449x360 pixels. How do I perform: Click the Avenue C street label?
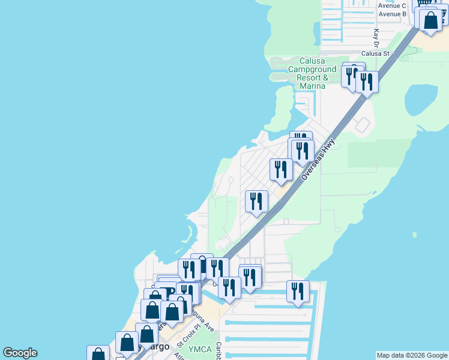(x=392, y=5)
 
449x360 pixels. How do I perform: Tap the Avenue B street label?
(x=392, y=14)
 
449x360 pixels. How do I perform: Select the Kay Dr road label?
(x=376, y=38)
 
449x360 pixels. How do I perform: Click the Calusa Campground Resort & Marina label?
(x=312, y=73)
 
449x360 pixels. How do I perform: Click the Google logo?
(x=20, y=353)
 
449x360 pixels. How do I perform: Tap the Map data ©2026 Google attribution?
(x=412, y=355)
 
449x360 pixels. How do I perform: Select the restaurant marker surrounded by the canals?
(x=298, y=292)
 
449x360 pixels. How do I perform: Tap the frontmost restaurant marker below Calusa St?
(x=367, y=82)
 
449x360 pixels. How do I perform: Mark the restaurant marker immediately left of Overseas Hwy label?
(x=281, y=169)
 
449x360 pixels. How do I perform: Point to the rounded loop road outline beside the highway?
(x=363, y=125)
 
